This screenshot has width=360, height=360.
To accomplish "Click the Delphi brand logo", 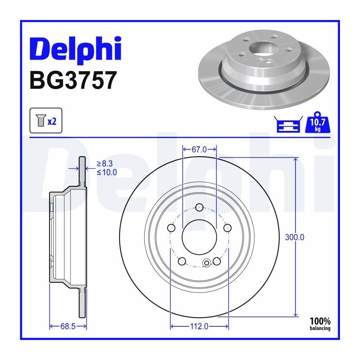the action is pos(75,49).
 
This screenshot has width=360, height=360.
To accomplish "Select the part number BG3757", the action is pos(73,80).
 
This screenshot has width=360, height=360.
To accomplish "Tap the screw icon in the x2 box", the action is pos(41,120).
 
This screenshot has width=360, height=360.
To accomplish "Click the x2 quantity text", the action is pos(52,121).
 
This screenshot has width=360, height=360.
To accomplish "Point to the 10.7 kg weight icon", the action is pos(318,122).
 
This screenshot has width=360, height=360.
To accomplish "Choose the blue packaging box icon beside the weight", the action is pos(288,124).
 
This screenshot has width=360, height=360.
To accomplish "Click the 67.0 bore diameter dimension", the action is pos(199,150).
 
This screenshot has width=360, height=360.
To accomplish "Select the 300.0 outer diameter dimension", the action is pos(294,237).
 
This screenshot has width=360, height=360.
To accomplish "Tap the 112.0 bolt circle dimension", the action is pos(199,326).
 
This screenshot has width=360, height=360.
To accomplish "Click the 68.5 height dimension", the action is pos(68,326).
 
